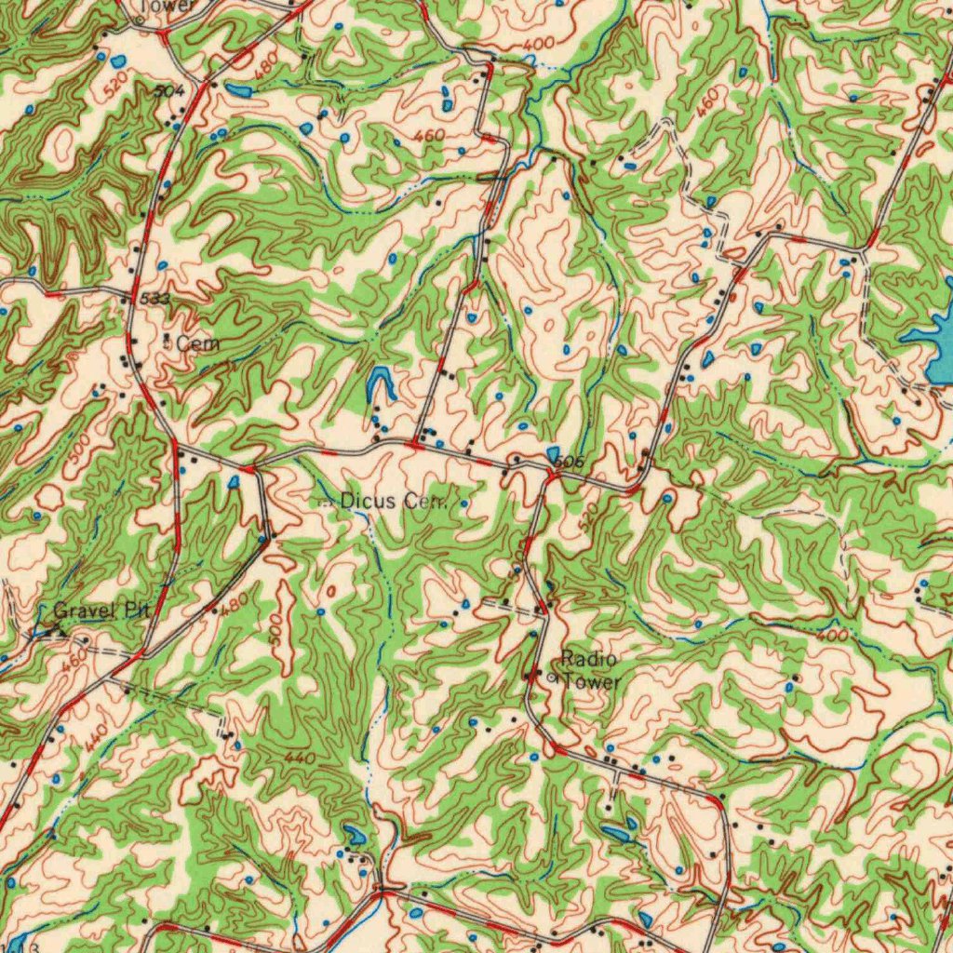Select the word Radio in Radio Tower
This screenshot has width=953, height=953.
[588, 660]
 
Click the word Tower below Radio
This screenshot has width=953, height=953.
[592, 681]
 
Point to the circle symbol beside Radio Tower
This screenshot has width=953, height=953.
[551, 678]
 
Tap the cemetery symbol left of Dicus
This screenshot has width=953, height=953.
[326, 502]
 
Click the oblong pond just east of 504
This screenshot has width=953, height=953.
[238, 90]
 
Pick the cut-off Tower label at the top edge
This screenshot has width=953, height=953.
[168, 6]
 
